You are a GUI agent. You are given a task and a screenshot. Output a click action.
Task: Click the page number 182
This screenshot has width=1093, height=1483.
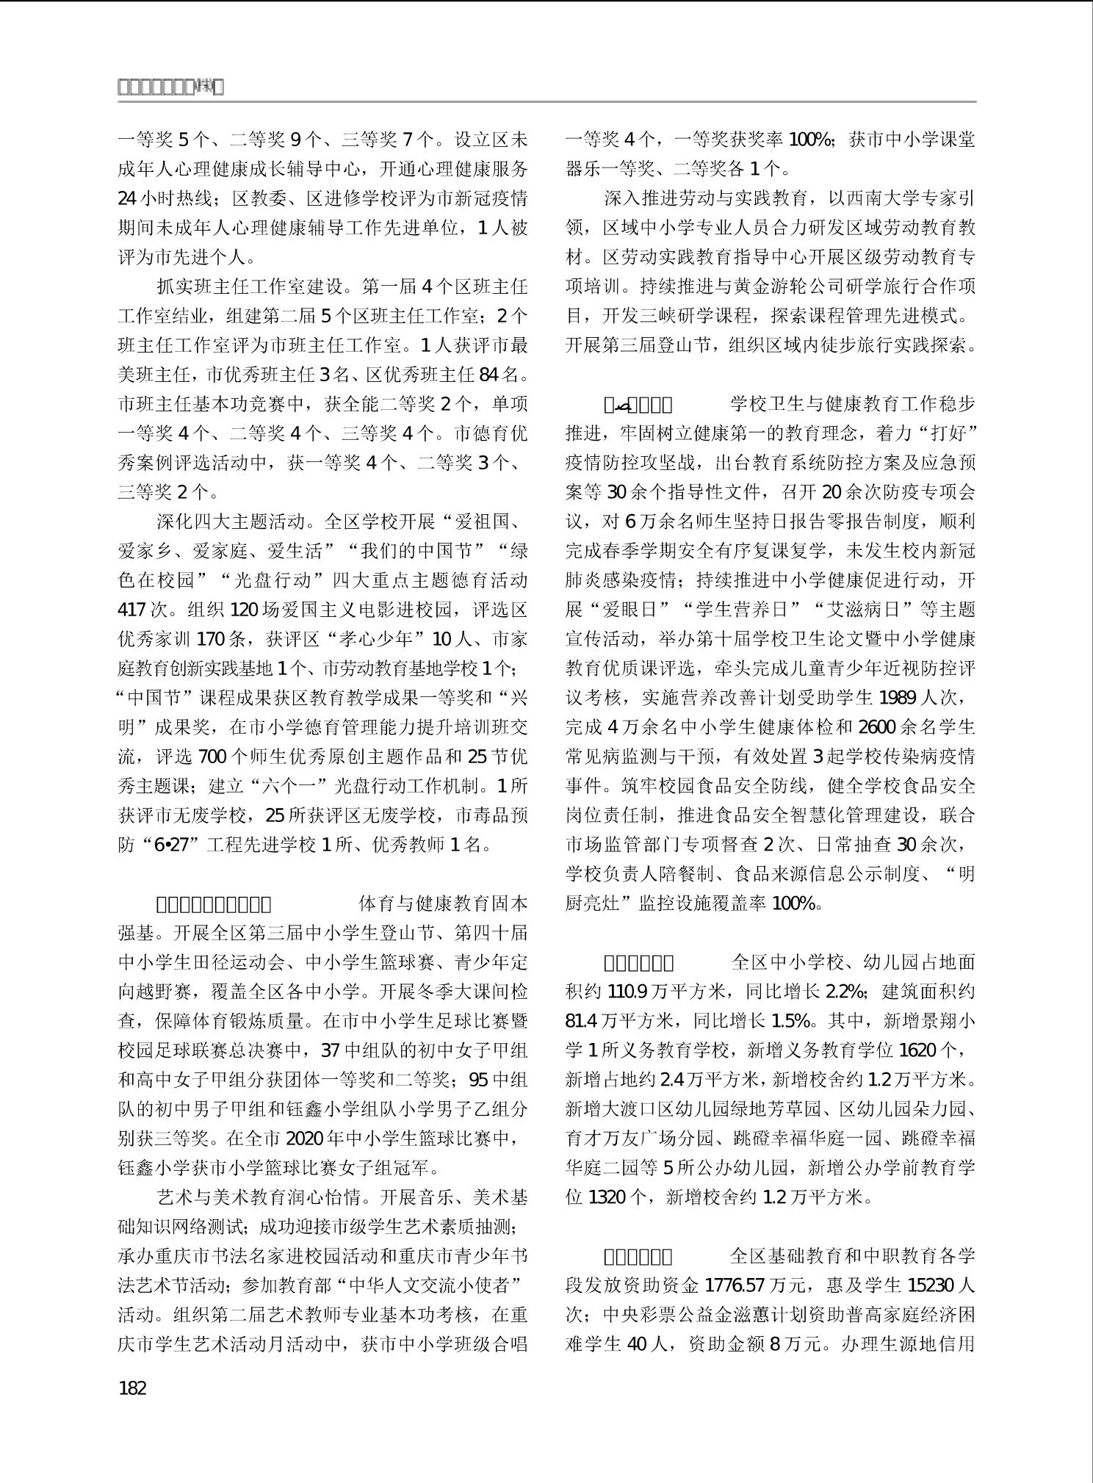tap(132, 1388)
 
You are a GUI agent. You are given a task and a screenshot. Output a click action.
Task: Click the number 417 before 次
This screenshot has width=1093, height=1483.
tap(133, 610)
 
